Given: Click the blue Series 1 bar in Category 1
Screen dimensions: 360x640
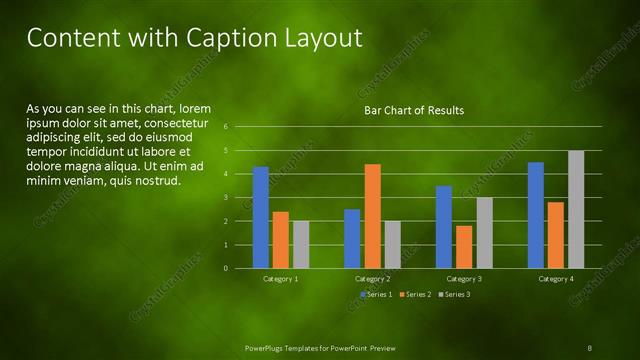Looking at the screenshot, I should (x=260, y=217).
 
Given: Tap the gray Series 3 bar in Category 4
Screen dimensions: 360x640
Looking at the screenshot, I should (x=576, y=209).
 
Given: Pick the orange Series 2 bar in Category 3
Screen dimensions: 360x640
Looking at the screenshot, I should (x=464, y=247).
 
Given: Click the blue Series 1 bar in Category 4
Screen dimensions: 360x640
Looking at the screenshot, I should (x=536, y=215).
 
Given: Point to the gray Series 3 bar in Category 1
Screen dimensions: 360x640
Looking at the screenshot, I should (x=301, y=244).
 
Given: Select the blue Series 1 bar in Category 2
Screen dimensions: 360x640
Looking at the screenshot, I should (x=352, y=238).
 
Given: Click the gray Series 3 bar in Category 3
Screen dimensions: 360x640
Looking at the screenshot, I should (x=484, y=232).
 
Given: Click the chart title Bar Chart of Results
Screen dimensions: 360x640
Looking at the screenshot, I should (x=413, y=110).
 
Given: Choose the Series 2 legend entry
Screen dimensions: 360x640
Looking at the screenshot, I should (x=415, y=295).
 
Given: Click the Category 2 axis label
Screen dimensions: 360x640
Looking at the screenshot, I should (x=372, y=279).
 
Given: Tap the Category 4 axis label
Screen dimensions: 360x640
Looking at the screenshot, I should (x=556, y=279).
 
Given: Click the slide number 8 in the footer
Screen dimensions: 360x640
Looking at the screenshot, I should (x=589, y=347).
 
